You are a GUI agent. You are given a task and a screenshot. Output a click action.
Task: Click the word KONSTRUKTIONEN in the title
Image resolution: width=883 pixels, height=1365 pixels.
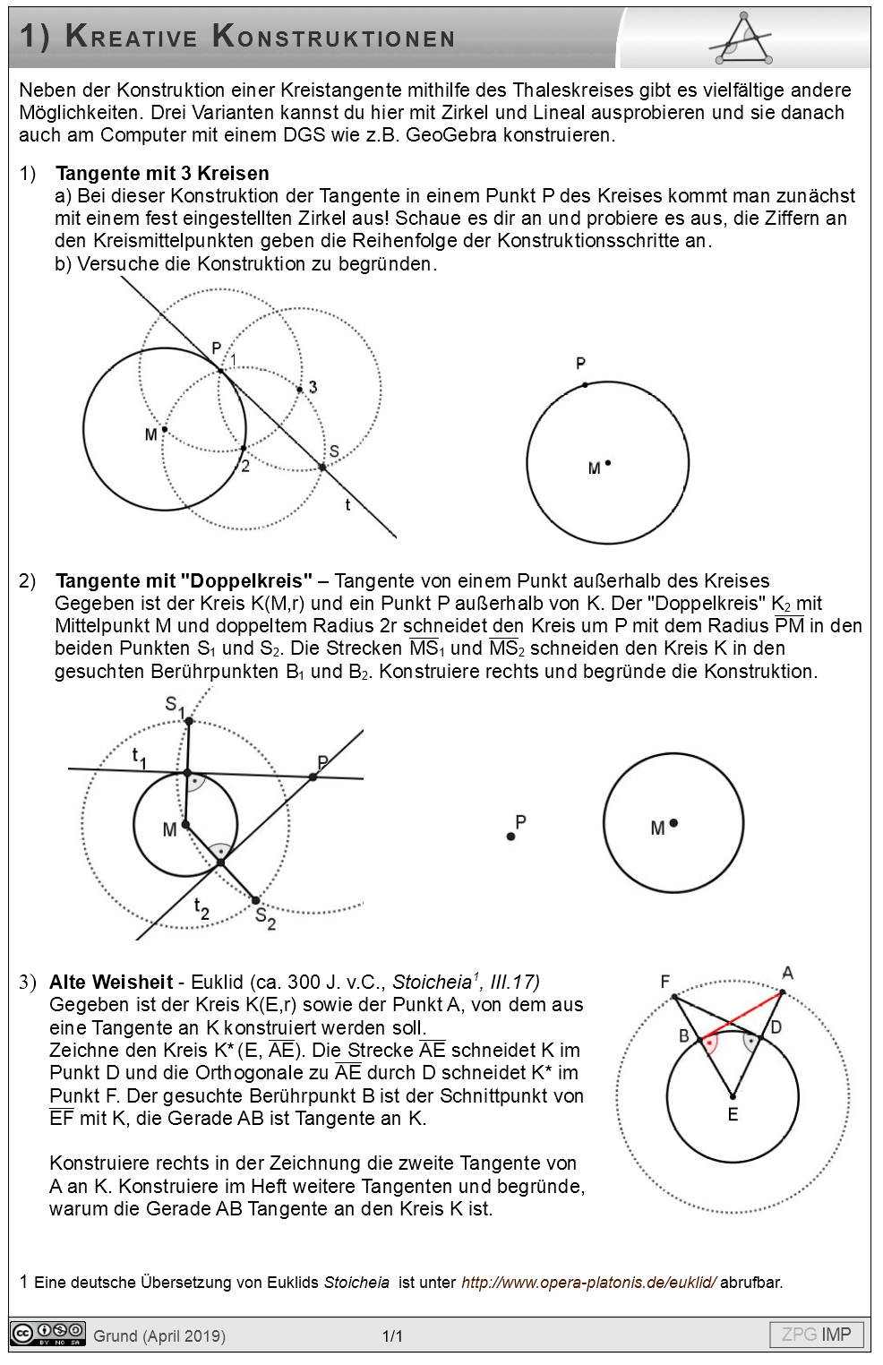pos(334,38)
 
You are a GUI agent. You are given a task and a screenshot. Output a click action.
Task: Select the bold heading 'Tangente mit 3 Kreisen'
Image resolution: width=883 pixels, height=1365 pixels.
pos(162,173)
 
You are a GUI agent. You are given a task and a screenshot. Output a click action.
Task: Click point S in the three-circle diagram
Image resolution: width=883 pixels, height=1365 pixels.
pos(322,467)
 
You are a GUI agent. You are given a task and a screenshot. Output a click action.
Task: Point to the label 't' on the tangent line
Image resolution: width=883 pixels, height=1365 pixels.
pos(347,505)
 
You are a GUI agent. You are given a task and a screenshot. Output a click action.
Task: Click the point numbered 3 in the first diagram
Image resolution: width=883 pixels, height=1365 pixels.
pos(300,389)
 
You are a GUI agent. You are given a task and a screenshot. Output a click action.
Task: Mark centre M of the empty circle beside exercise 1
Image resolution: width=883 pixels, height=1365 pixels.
pos(608,463)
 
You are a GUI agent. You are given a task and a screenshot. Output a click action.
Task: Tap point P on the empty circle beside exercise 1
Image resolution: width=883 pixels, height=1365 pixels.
pos(585,385)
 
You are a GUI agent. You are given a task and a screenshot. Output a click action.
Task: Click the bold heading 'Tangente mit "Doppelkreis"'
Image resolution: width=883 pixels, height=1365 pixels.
pos(184,580)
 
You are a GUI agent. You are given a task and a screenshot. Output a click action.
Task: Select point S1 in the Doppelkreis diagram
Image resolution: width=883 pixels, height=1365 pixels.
pos(189,720)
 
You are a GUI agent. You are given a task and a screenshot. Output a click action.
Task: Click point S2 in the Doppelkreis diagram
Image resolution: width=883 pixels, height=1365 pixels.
pos(255,900)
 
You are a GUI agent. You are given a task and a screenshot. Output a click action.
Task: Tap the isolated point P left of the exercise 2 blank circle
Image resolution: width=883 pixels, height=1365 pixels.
pos(510,837)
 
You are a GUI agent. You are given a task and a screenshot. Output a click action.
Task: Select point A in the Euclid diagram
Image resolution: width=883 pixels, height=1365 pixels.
pos(783,992)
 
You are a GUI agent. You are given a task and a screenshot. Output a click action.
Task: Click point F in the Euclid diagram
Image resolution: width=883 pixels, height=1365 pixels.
pos(674,996)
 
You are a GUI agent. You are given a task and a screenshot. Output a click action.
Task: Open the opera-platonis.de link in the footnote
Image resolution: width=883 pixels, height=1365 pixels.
pos(588,1282)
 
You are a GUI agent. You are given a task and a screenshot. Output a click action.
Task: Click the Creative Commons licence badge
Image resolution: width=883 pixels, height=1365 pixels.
pos(47,1334)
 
